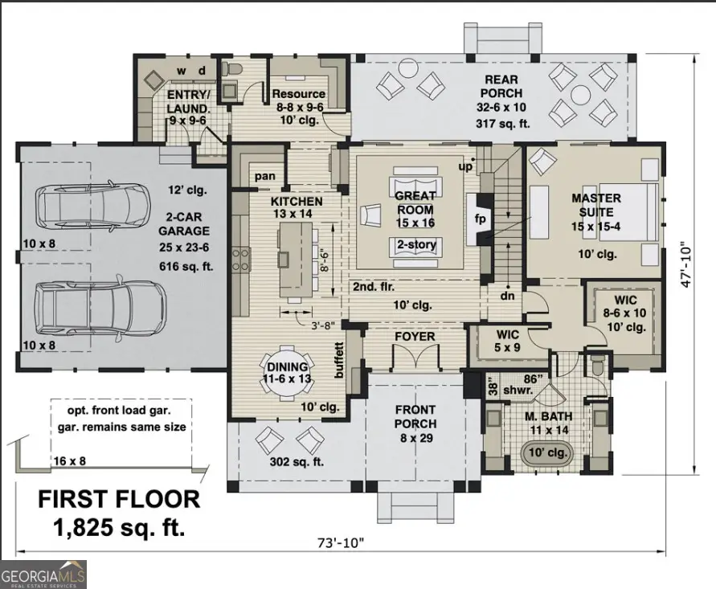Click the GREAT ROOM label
click(415, 202)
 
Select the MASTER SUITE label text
click(595, 205)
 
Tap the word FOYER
click(414, 336)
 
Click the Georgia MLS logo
click(43, 575)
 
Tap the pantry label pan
click(264, 176)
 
